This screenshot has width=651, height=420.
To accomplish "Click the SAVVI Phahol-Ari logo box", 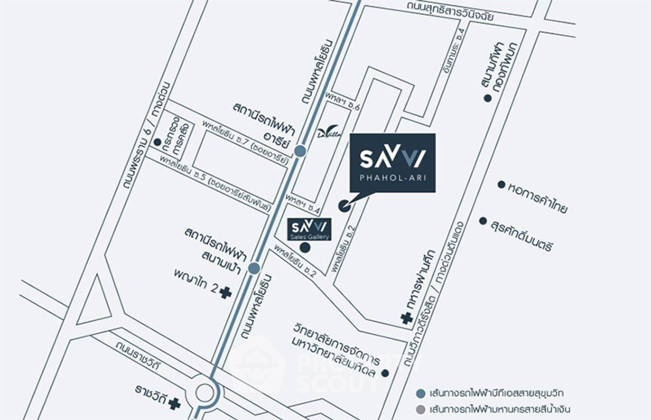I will click(x=392, y=162).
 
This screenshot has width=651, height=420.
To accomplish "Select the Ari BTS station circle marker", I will click(x=300, y=151).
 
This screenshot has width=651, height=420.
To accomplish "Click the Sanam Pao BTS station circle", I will click(x=253, y=268).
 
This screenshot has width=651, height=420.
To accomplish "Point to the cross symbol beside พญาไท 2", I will click(x=225, y=292).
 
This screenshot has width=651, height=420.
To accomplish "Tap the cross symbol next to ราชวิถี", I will click(x=174, y=403).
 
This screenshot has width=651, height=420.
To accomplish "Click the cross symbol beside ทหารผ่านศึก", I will click(x=406, y=319).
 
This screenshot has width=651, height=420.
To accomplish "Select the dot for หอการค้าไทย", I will click(x=501, y=184).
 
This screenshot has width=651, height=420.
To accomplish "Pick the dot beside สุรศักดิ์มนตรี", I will click(x=483, y=221).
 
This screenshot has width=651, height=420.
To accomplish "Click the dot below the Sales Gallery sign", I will click(x=305, y=247).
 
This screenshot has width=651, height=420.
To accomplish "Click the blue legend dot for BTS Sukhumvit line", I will click(x=420, y=392).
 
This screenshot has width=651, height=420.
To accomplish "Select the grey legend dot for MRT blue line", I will click(x=420, y=409).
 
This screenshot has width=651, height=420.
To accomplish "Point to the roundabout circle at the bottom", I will click(x=206, y=392).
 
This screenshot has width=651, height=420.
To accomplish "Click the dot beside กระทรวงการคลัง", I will click(x=157, y=142).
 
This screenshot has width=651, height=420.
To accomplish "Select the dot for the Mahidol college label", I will click(x=385, y=373).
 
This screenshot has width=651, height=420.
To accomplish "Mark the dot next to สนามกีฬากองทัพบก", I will click(x=487, y=98).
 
